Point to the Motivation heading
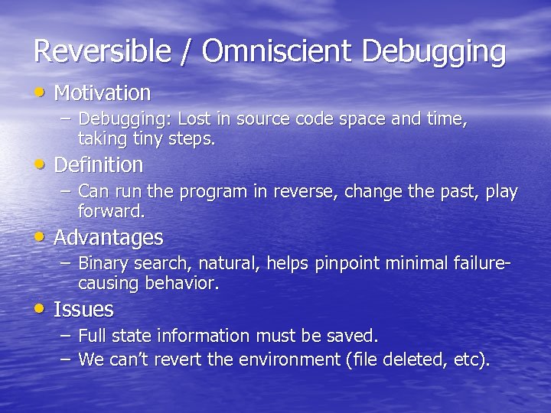(x=103, y=93)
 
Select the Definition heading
(x=99, y=164)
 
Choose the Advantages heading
(x=109, y=238)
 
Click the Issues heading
(x=83, y=310)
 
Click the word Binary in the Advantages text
(x=103, y=264)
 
